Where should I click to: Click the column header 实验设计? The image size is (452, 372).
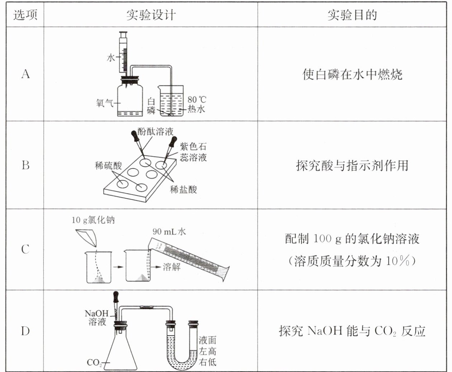point(151,15)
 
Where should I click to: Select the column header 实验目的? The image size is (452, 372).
point(352,15)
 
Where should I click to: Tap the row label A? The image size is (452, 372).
point(25,74)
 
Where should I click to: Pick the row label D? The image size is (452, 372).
point(25,331)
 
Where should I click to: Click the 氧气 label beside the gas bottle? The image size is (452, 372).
point(104,103)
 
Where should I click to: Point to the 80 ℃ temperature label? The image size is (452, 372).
point(197,100)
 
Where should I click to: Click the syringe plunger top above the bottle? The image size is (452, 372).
point(123,33)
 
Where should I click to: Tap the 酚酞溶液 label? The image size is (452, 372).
point(155,131)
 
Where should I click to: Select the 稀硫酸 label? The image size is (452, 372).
point(108,166)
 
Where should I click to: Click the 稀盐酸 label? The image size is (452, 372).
point(183,189)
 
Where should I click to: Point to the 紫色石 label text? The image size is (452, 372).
point(193,147)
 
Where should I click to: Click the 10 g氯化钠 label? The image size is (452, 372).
point(93,220)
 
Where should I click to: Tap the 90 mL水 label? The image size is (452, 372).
point(169,232)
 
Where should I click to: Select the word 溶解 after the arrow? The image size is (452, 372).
point(172,267)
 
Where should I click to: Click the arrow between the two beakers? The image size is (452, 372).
point(118,267)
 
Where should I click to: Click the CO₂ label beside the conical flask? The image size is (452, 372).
point(94,363)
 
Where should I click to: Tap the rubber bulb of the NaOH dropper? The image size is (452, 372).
point(116,297)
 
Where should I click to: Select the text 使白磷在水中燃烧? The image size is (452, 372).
point(352,74)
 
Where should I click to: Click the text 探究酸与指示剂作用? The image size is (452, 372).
point(352,165)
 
